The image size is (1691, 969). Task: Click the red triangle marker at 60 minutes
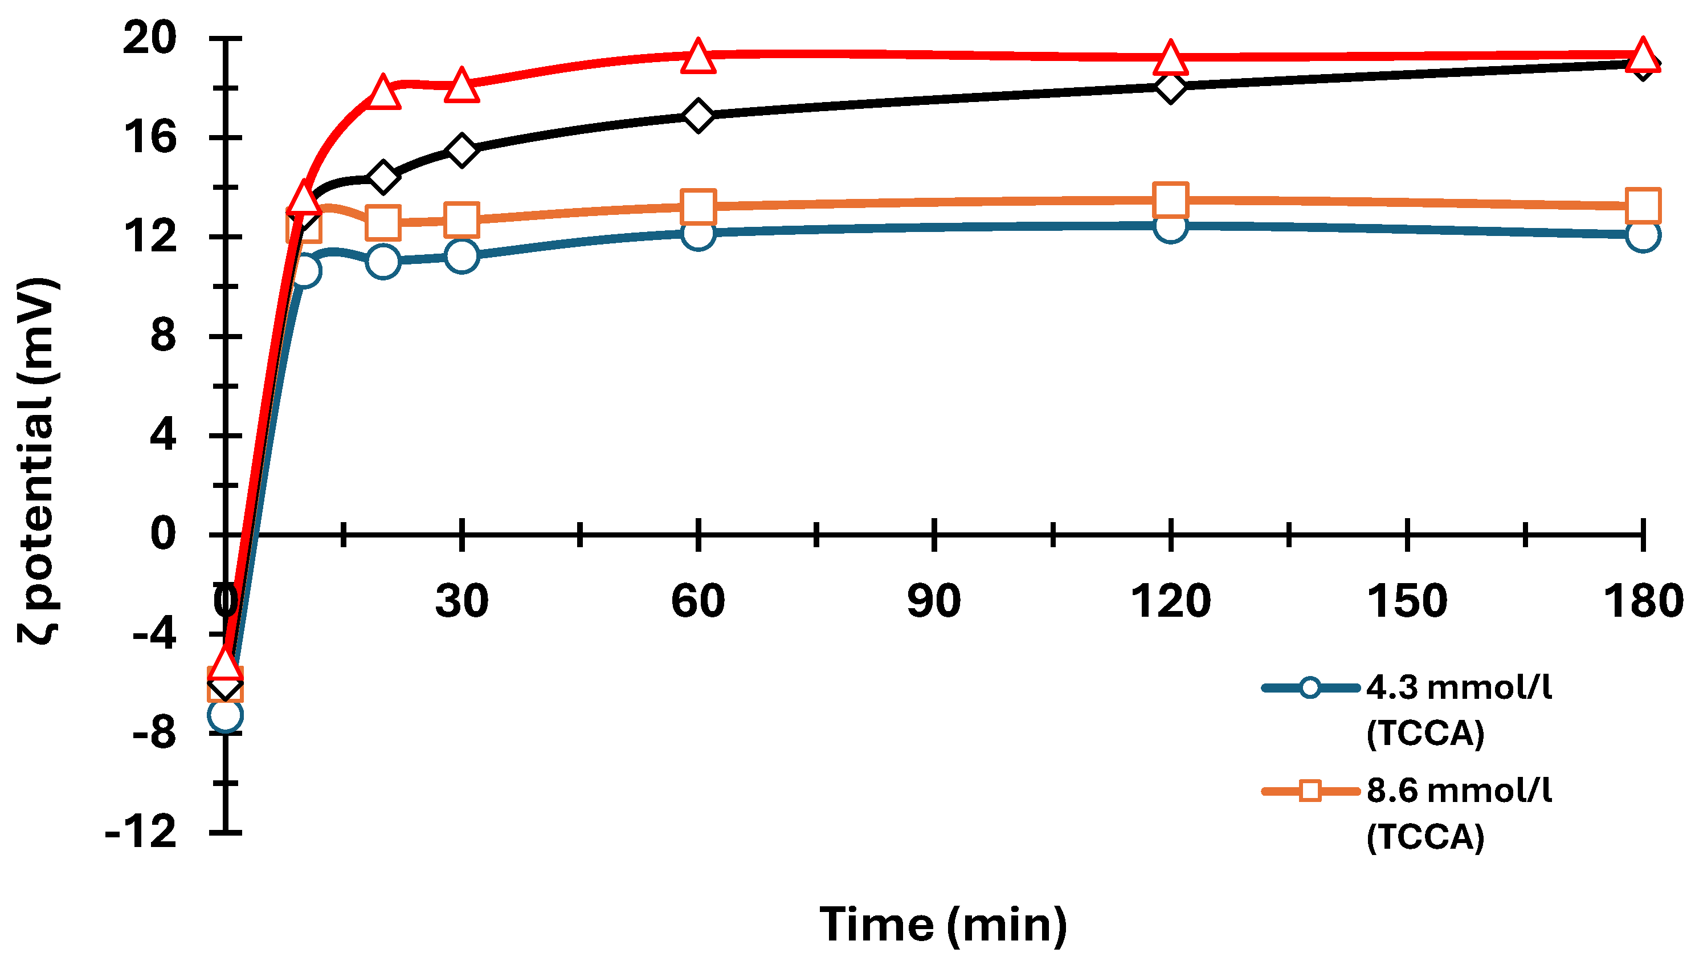pos(698,56)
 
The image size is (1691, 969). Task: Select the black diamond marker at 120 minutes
pos(1171,87)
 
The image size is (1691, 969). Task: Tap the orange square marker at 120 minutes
pos(1171,199)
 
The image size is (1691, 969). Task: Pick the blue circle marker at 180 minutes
pos(1643,235)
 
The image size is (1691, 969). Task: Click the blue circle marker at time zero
pos(225,715)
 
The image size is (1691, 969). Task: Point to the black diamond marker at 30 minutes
pos(461,150)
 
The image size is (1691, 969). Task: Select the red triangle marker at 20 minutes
pos(383,93)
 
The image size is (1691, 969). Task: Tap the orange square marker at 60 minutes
pos(698,206)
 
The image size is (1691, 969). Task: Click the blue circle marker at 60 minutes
pos(698,233)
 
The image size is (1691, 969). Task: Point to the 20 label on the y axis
pos(150,39)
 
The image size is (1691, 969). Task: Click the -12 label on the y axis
pos(141,832)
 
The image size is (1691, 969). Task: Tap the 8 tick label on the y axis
pos(163,336)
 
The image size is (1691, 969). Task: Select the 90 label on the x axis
pos(934,601)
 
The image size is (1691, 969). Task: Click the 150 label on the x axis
pos(1407,601)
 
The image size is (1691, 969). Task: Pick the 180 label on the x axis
pos(1643,601)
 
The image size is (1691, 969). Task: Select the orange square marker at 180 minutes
pos(1643,205)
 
